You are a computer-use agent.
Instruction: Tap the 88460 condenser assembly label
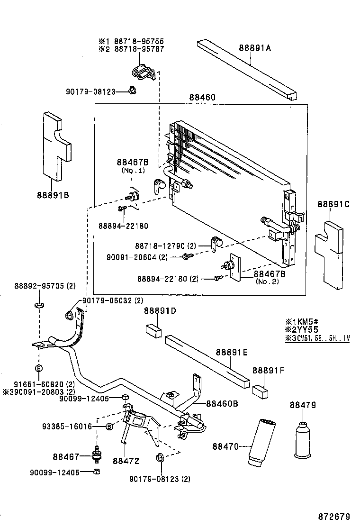click(203, 97)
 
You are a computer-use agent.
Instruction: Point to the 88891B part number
click(53, 194)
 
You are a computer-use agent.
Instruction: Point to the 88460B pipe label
click(222, 404)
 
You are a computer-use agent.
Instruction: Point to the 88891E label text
click(232, 352)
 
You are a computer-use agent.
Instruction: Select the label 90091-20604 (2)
click(137, 257)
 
